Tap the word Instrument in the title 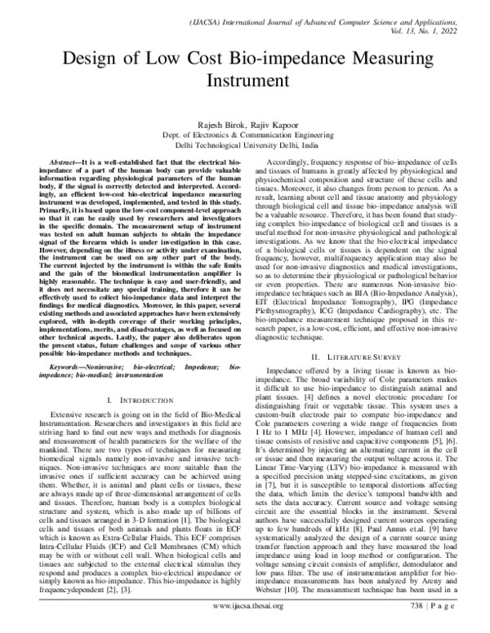tap(244, 82)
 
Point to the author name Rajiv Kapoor tap(272, 124)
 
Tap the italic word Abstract tap(67, 164)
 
